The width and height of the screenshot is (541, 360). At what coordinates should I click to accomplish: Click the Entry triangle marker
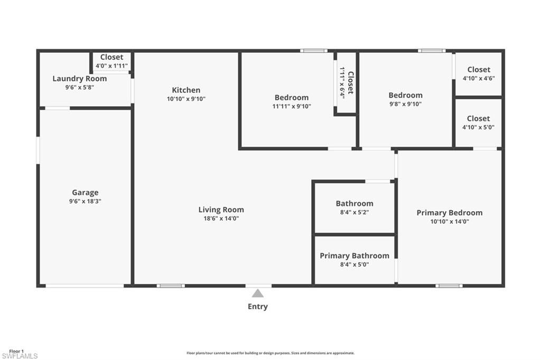tap(257, 293)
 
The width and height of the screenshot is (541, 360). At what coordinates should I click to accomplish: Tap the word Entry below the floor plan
tap(258, 307)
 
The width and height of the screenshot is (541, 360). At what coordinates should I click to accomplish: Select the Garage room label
tap(85, 193)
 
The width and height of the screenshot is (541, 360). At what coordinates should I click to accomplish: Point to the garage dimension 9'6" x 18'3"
tap(85, 201)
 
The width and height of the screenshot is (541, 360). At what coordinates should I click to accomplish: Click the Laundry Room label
tap(79, 79)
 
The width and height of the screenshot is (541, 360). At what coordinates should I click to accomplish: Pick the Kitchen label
tap(186, 90)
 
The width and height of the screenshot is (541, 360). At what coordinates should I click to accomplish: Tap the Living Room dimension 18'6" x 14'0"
tap(221, 219)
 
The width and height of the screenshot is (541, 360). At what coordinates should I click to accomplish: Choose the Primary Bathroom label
tap(355, 256)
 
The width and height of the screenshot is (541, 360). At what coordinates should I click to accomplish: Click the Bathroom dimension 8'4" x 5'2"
tap(355, 212)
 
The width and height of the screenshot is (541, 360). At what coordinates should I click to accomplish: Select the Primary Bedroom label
tap(449, 213)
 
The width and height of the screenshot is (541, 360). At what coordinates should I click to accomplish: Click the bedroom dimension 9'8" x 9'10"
tap(405, 104)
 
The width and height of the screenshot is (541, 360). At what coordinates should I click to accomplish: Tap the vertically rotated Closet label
tap(350, 83)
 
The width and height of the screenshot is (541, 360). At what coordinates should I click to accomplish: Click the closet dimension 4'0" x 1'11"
tap(111, 66)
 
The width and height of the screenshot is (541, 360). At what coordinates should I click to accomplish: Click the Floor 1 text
tap(16, 350)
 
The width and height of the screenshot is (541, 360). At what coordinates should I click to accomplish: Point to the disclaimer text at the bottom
tap(270, 353)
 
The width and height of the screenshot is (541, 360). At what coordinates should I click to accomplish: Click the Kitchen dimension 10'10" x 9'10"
tap(186, 99)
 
